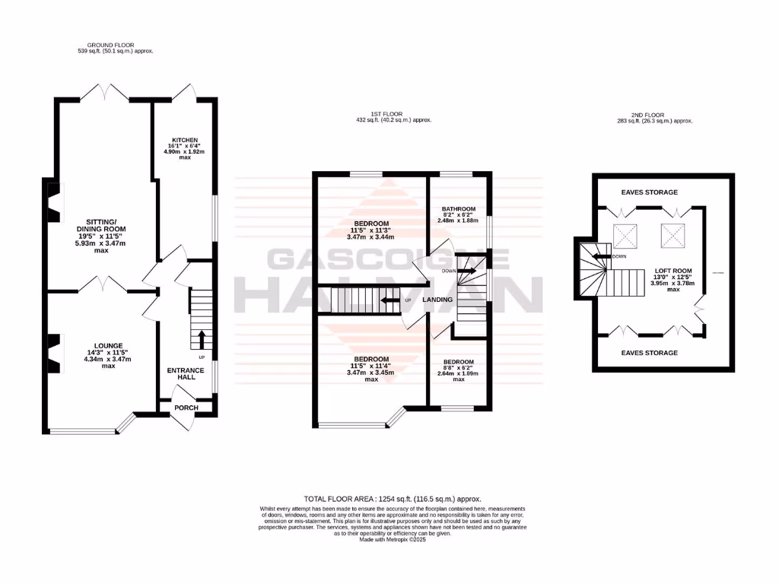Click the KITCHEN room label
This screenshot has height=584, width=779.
(x=185, y=141)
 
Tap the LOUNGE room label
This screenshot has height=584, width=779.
(x=99, y=345)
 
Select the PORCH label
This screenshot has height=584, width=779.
(x=186, y=408)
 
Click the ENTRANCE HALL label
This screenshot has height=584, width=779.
(x=186, y=375)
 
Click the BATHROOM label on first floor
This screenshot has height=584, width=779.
(x=459, y=209)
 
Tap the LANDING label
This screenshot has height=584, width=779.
(x=438, y=300)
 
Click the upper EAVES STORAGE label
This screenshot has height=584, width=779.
(x=649, y=192)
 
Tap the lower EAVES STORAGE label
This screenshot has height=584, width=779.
(x=649, y=353)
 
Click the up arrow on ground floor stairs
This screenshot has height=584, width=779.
(x=202, y=337)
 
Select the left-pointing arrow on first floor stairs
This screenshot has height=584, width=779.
(x=390, y=300)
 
